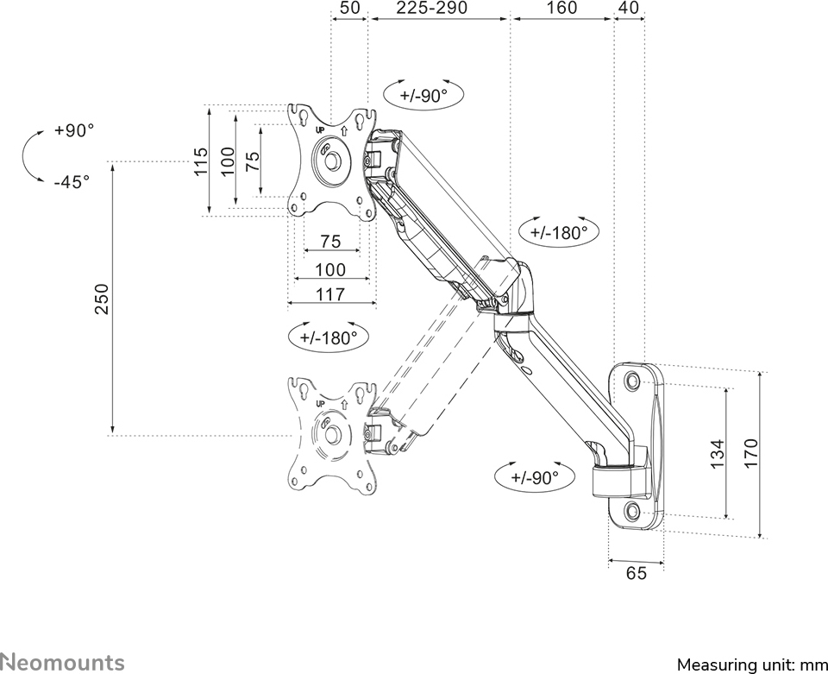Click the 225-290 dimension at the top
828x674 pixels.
[x=432, y=8]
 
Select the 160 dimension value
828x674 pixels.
[x=561, y=8]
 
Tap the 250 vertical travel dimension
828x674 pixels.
[x=102, y=299]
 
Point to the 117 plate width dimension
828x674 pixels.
[x=330, y=294]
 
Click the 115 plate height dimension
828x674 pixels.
[x=201, y=161]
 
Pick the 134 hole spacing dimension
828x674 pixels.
[x=717, y=453]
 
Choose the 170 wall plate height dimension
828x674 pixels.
[x=750, y=453]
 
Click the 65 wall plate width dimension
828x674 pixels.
[x=636, y=573]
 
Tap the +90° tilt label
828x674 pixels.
[x=74, y=130]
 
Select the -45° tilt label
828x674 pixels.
[x=72, y=182]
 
